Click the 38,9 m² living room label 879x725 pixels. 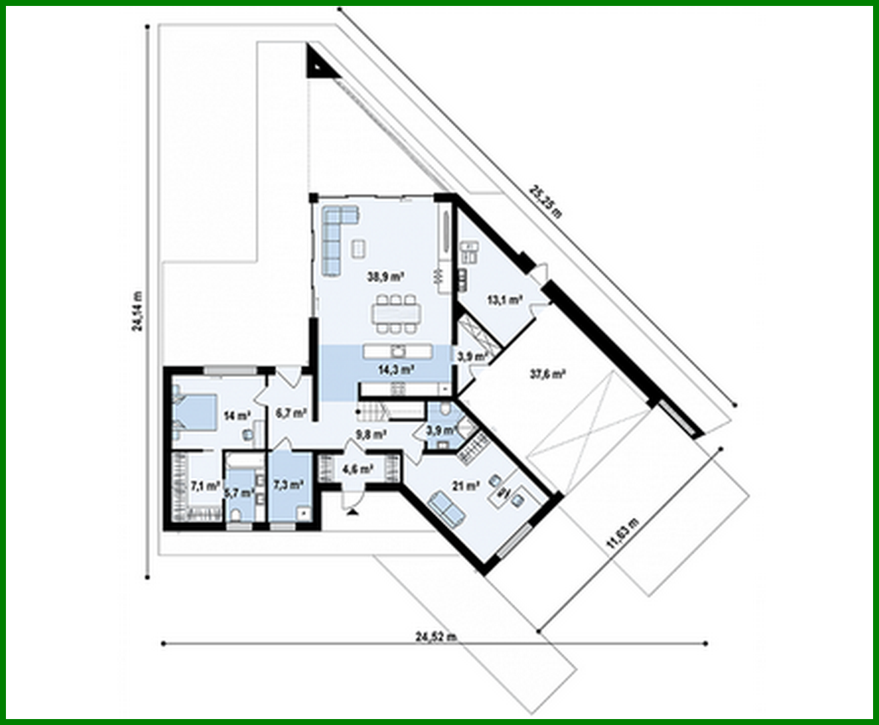click(386, 278)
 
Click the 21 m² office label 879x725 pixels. click(465, 486)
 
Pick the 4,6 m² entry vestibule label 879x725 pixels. click(357, 469)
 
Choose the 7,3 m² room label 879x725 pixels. click(288, 484)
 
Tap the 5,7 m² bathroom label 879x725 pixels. click(239, 493)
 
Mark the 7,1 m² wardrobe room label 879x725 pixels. click(205, 486)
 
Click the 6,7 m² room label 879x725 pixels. click(291, 413)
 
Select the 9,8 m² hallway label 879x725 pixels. click(370, 434)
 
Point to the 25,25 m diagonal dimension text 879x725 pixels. click(546, 201)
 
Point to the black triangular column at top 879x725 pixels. click(316, 63)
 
